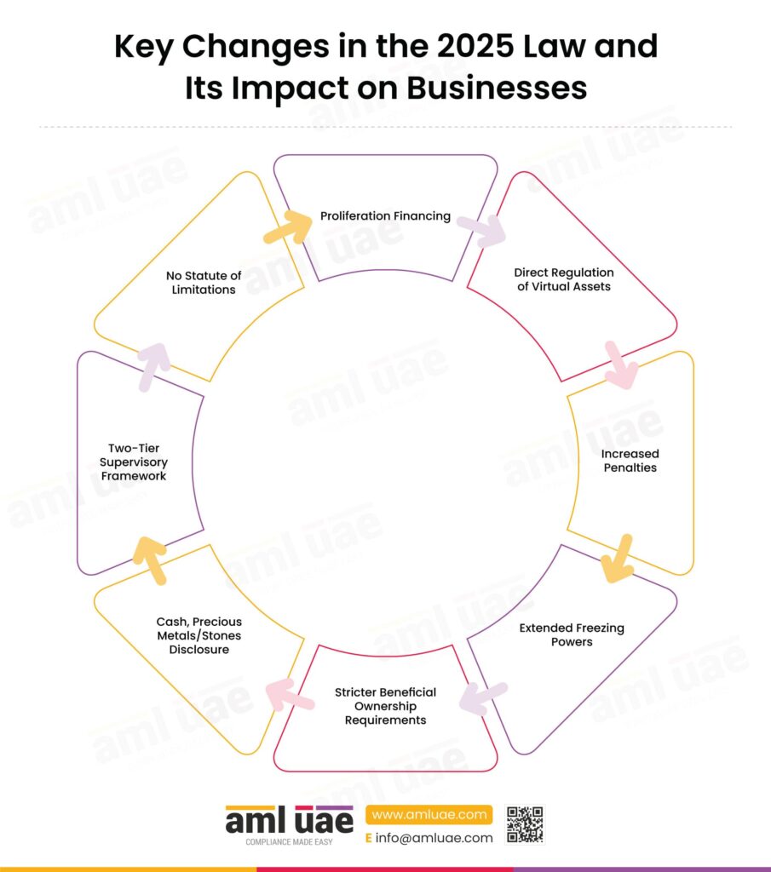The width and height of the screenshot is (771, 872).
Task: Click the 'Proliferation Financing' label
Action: click(x=385, y=215)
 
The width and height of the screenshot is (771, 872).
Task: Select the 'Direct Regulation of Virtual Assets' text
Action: click(x=563, y=279)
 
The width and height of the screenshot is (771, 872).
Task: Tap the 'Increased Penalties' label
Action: click(x=630, y=461)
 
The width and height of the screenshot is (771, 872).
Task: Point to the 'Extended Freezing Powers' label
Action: click(x=572, y=634)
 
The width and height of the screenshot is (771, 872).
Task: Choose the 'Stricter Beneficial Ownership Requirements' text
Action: click(x=385, y=706)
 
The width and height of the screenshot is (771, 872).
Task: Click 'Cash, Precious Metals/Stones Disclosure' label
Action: click(x=199, y=635)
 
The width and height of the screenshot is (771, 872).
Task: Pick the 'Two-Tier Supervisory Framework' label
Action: click(x=134, y=462)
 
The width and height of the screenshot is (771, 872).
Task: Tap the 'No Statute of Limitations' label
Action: click(x=203, y=283)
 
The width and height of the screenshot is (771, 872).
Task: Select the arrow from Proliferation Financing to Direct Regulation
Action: click(x=481, y=230)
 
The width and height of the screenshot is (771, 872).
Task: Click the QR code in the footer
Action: click(x=525, y=824)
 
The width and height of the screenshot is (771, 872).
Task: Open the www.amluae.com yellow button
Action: click(x=429, y=815)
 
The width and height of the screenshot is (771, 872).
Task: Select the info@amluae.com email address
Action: click(x=434, y=838)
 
